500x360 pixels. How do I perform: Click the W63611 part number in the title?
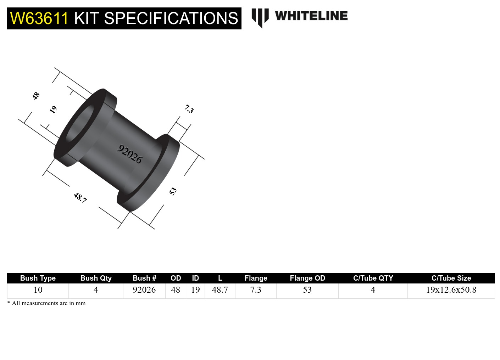39,18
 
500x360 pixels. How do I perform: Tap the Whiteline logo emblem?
260,17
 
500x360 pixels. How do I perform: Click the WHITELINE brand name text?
311,16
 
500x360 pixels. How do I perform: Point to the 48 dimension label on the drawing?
36,96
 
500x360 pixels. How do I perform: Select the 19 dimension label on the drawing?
53,109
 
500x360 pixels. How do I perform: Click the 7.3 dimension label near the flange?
189,109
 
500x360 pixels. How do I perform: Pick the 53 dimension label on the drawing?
173,191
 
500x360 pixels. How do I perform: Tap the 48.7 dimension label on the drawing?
80,197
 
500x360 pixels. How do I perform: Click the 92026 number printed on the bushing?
130,154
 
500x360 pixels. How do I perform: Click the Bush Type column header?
38,278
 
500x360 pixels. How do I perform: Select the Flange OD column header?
307,278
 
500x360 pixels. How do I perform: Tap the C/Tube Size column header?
451,278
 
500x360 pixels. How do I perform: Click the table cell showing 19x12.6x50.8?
451,290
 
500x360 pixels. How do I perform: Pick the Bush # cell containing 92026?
144,290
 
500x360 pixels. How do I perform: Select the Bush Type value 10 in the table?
38,290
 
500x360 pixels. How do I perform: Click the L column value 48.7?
220,290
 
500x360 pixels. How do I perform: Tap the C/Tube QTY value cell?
373,290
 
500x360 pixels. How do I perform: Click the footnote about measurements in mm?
46,303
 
